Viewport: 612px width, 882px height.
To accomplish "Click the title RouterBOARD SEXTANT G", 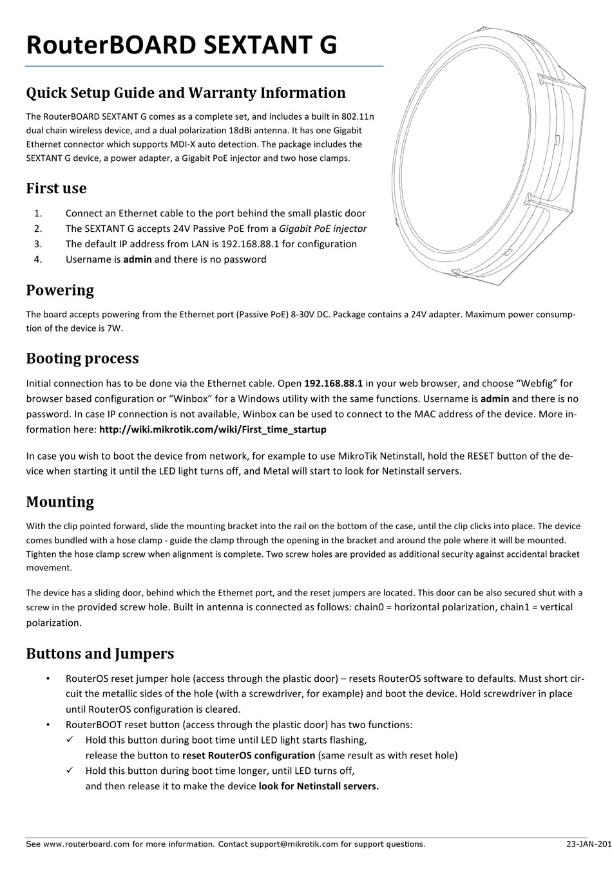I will click(x=181, y=45).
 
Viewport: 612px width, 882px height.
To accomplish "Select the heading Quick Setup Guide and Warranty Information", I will click(x=186, y=93).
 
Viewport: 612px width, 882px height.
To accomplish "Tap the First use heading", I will click(x=56, y=189).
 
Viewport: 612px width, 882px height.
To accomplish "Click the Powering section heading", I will click(x=60, y=290).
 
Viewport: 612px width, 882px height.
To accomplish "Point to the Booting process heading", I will click(x=82, y=359).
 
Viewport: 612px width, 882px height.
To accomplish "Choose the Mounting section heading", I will click(x=60, y=502).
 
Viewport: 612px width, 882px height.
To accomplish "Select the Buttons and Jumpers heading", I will click(x=100, y=654).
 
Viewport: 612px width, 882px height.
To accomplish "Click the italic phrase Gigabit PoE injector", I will click(x=323, y=229).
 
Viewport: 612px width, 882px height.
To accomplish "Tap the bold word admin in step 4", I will click(x=137, y=259).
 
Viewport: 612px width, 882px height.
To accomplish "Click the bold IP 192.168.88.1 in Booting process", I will click(x=333, y=383).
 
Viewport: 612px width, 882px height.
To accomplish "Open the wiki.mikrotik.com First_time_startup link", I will click(x=213, y=429).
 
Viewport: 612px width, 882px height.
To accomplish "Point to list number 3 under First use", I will click(x=37, y=244).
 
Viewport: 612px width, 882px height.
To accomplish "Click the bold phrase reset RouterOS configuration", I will click(x=249, y=756).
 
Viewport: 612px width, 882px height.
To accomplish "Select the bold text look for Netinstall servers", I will click(x=319, y=787).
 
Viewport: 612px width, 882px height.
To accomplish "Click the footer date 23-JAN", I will click(x=588, y=844).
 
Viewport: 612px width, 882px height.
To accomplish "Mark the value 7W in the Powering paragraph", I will click(x=114, y=328).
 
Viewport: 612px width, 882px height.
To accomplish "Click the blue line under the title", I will click(x=204, y=66).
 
